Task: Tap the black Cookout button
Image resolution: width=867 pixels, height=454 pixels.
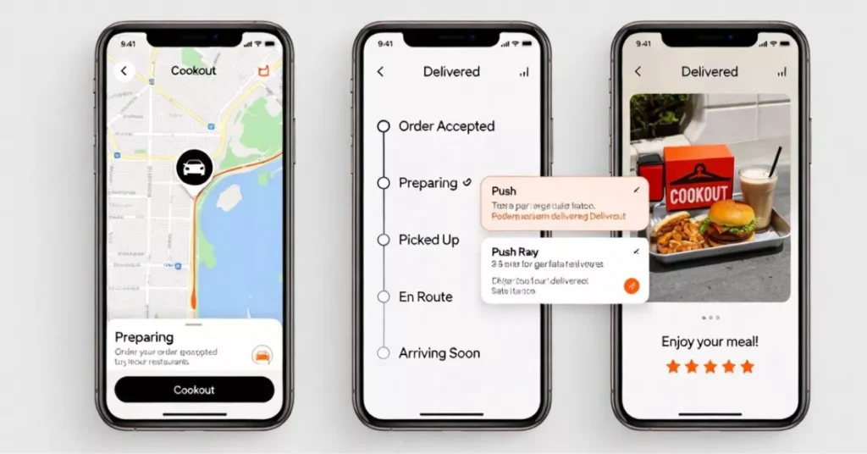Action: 194,390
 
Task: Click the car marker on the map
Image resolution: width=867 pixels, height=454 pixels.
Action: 194,168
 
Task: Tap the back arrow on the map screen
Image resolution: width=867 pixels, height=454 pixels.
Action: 124,71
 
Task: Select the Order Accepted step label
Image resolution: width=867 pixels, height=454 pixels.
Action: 446,126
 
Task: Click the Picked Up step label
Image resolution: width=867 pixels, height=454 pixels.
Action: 428,240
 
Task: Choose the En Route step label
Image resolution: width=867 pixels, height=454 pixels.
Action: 425,296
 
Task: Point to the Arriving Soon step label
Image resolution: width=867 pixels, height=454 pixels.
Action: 439,353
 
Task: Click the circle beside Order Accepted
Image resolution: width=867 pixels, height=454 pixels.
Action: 383,126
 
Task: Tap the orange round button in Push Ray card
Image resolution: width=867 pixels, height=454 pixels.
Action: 631,285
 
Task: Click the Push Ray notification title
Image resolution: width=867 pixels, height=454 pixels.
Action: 516,252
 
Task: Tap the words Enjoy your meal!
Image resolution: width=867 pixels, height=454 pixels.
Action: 710,341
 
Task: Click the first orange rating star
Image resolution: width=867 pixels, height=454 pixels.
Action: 672,367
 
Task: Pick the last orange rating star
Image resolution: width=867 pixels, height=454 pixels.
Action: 747,367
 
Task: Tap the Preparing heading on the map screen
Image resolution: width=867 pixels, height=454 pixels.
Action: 144,336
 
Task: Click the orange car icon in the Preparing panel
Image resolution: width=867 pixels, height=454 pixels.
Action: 262,355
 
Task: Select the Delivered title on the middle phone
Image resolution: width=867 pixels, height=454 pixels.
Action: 451,72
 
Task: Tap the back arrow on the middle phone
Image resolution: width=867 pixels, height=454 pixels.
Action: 380,72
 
